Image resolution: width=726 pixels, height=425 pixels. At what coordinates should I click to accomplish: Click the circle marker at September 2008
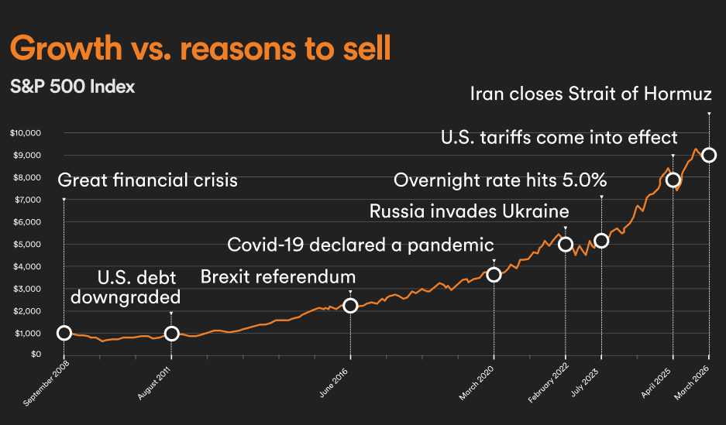click(64, 333)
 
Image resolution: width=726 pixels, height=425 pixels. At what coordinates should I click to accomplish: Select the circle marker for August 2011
click(172, 334)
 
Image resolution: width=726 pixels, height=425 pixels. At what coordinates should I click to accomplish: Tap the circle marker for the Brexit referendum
click(350, 306)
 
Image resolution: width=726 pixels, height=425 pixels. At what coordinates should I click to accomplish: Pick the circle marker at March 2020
click(494, 275)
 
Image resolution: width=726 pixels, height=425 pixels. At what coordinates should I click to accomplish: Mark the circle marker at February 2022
click(566, 245)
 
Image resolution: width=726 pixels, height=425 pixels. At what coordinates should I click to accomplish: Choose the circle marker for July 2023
click(601, 241)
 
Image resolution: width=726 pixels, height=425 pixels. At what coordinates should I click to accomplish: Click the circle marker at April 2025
click(673, 180)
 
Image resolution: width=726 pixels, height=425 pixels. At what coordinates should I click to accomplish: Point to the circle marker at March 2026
click(709, 155)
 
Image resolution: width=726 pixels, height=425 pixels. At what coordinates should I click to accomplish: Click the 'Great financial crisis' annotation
click(148, 182)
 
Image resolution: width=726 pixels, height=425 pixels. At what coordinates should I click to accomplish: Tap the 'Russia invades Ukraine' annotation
click(470, 211)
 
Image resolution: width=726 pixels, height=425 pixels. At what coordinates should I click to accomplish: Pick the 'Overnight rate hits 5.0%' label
click(500, 181)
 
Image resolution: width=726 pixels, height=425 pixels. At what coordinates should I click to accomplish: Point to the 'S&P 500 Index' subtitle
click(73, 87)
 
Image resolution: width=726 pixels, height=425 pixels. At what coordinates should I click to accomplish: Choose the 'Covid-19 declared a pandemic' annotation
click(360, 245)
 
